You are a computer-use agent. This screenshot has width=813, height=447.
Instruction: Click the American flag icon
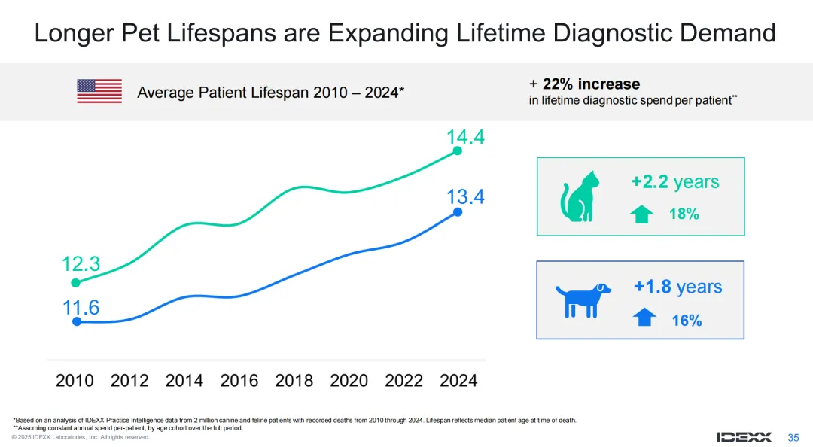pyautogui.click(x=99, y=91)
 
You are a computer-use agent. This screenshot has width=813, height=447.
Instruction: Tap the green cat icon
pyautogui.click(x=579, y=196)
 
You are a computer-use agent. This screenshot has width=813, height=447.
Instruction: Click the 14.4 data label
pyautogui.click(x=464, y=138)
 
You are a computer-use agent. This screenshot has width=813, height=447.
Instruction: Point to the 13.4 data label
pyautogui.click(x=464, y=197)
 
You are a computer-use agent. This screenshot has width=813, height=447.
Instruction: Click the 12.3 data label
pyautogui.click(x=81, y=264)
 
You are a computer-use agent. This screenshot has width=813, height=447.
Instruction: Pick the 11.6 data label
pyautogui.click(x=81, y=307)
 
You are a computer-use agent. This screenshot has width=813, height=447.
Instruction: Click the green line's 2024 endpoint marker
pyautogui.click(x=458, y=151)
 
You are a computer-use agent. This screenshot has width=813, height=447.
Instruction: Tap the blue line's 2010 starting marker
pyautogui.click(x=76, y=321)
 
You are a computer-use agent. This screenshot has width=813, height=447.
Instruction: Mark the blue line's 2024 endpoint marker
pyautogui.click(x=458, y=212)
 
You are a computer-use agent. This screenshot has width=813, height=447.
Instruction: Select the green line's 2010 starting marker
pyautogui.click(x=75, y=283)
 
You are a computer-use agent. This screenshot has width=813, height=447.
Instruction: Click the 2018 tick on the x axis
pyautogui.click(x=294, y=381)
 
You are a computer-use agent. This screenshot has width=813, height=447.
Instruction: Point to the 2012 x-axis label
pyautogui.click(x=129, y=381)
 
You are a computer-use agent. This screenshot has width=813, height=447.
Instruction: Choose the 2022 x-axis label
pyautogui.click(x=404, y=381)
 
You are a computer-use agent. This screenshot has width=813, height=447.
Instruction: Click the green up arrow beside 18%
pyautogui.click(x=641, y=214)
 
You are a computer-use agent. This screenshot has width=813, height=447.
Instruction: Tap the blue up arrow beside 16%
pyautogui.click(x=644, y=318)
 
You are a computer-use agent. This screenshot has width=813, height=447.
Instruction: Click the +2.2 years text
pyautogui.click(x=674, y=182)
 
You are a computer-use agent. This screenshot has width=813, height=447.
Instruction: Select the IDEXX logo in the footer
pyautogui.click(x=744, y=437)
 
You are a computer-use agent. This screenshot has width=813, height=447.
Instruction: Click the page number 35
pyautogui.click(x=793, y=437)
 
